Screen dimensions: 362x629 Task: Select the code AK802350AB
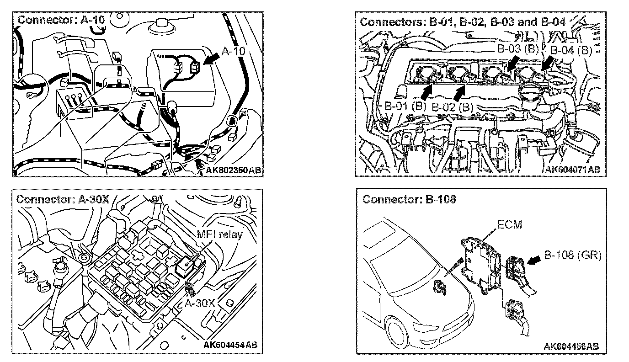[x=233, y=170]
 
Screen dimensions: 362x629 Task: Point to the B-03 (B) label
[x=518, y=48]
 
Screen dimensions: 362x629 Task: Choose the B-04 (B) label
[x=571, y=50]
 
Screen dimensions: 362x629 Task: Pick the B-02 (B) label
[x=453, y=108]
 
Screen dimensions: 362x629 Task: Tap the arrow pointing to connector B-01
[x=424, y=92]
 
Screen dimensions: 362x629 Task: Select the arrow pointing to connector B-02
[x=459, y=92]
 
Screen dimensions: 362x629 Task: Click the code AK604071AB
[x=573, y=170]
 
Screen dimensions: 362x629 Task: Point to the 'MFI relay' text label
[x=219, y=235]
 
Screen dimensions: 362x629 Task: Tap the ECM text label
[x=509, y=224]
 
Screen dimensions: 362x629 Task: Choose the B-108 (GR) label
[x=572, y=255]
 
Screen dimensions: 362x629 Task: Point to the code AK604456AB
[x=572, y=346]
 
